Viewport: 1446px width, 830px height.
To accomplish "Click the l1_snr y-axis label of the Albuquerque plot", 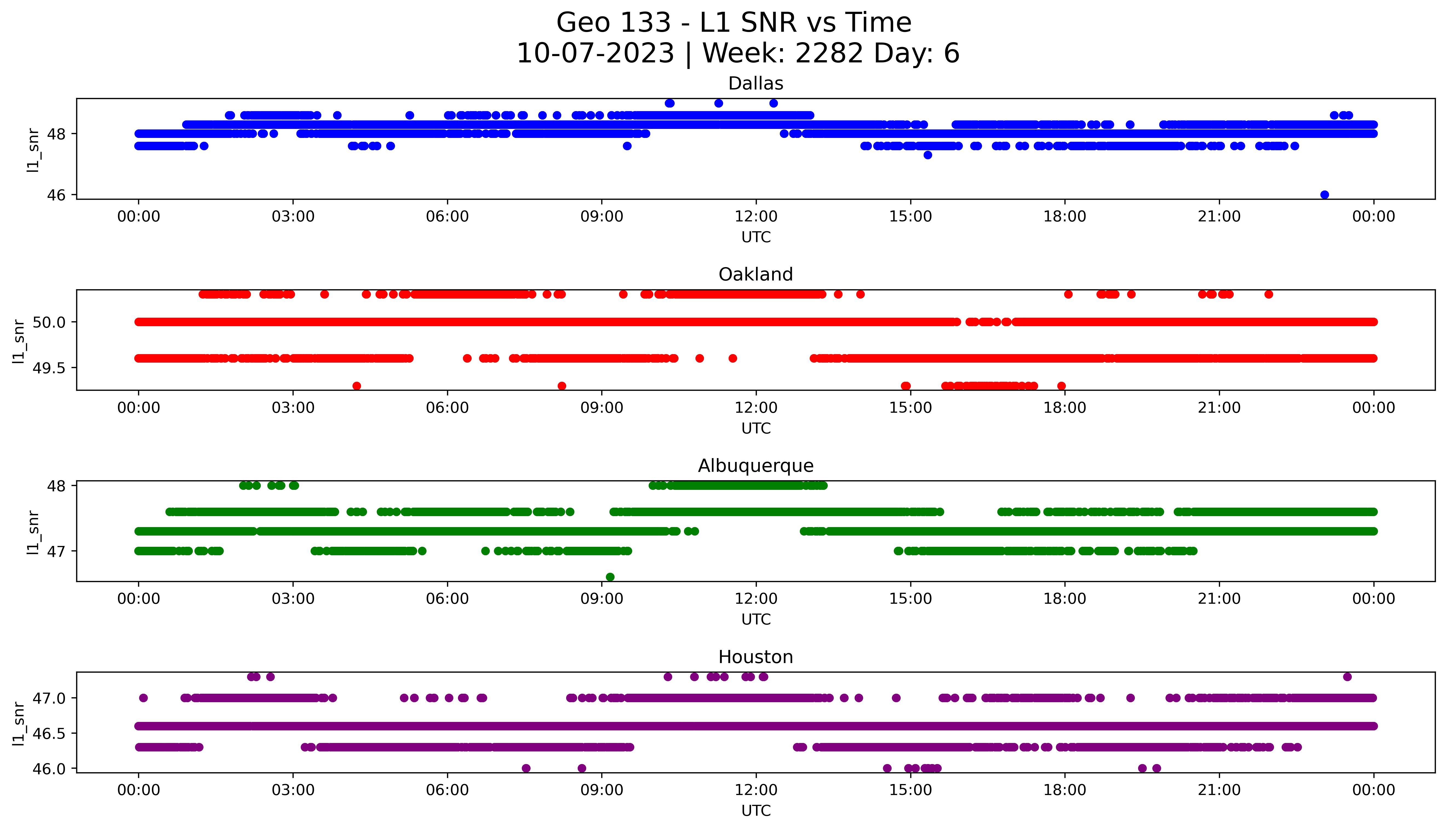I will pyautogui.click(x=33, y=532).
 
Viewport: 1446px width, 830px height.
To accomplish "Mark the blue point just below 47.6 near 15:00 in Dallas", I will pyautogui.click(x=927, y=155).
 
